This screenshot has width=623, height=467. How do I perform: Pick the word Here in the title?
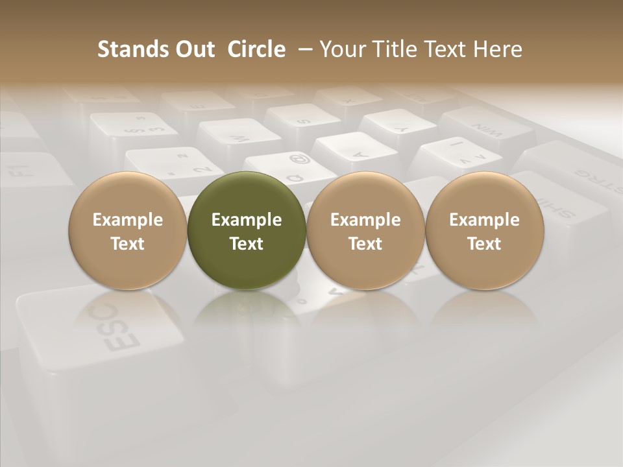[498, 49]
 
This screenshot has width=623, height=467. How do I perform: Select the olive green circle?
[247, 231]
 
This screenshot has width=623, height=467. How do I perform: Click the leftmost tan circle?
[128, 231]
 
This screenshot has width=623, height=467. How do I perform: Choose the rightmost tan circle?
[485, 231]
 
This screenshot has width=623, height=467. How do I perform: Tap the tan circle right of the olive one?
[365, 231]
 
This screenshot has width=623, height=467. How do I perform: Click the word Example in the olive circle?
[247, 220]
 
